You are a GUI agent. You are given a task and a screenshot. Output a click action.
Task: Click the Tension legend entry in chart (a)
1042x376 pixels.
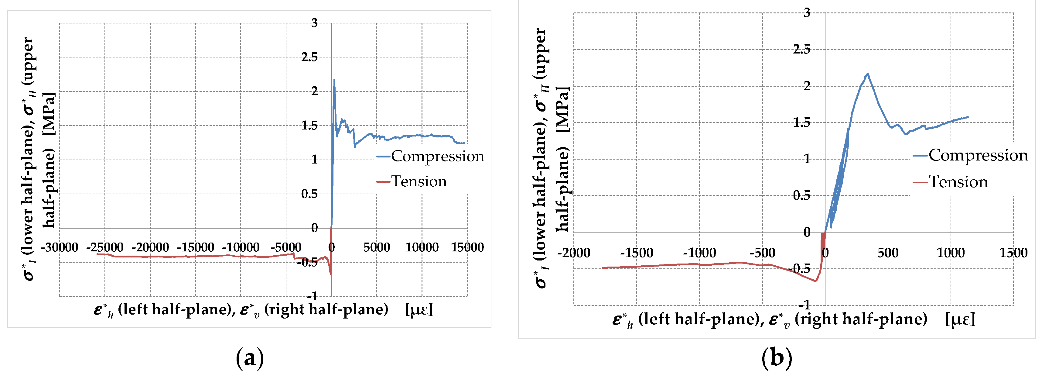[x=419, y=181]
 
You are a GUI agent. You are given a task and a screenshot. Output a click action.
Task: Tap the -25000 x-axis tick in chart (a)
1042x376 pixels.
[x=105, y=247]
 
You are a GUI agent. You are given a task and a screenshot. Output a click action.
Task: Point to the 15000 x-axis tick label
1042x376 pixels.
[x=467, y=247]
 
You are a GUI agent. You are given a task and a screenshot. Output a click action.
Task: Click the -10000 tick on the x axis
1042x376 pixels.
[x=241, y=247]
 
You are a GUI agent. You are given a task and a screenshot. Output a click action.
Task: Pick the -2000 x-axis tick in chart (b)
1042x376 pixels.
[x=574, y=253]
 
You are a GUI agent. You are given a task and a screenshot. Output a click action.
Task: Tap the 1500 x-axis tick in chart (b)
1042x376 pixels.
[x=1013, y=253]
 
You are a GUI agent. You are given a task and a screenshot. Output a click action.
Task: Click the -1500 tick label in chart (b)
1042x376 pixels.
[x=636, y=253]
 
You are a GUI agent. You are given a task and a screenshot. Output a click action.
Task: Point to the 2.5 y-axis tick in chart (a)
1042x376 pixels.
[x=309, y=57]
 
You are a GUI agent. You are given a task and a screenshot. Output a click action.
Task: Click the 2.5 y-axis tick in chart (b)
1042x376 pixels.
[x=801, y=49]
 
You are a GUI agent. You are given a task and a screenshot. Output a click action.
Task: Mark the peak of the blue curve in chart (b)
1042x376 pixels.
[x=868, y=74]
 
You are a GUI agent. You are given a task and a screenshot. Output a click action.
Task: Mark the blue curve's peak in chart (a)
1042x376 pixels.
[x=334, y=79]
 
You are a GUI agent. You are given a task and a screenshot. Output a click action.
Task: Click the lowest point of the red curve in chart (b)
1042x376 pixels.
[x=815, y=281]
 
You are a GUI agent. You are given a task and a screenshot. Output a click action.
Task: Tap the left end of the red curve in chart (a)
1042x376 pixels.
[x=97, y=254]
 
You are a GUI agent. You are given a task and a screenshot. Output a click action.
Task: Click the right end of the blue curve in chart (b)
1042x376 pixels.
[x=968, y=117]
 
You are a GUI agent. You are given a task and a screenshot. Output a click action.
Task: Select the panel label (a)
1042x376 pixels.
[x=250, y=358]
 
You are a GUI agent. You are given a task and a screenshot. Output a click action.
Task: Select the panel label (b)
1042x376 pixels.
[x=776, y=358]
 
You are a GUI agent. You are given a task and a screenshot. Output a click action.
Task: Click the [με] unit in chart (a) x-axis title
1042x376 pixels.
[x=419, y=310]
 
